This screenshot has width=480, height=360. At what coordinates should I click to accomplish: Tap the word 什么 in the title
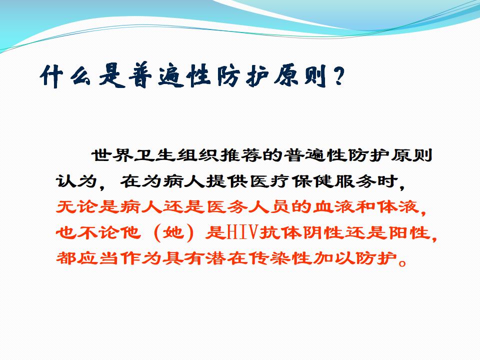pos(65,76)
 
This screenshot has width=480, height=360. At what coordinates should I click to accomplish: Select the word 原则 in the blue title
pos(300,76)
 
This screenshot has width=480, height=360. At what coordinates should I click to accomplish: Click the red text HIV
pos(242,232)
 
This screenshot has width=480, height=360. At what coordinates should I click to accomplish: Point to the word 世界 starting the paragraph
pos(112,155)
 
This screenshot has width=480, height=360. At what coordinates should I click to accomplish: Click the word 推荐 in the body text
pos(241,155)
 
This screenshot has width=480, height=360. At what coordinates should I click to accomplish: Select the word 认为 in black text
pos(77,181)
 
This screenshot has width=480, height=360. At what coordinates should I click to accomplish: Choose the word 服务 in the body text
pos(355,181)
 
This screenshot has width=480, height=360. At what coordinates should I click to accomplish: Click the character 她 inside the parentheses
pos(173,232)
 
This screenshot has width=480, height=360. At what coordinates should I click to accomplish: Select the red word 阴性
pos(322,232)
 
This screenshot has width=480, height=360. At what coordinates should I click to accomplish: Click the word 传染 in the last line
pos(269,258)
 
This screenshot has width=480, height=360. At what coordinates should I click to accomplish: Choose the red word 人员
pos(269,207)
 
